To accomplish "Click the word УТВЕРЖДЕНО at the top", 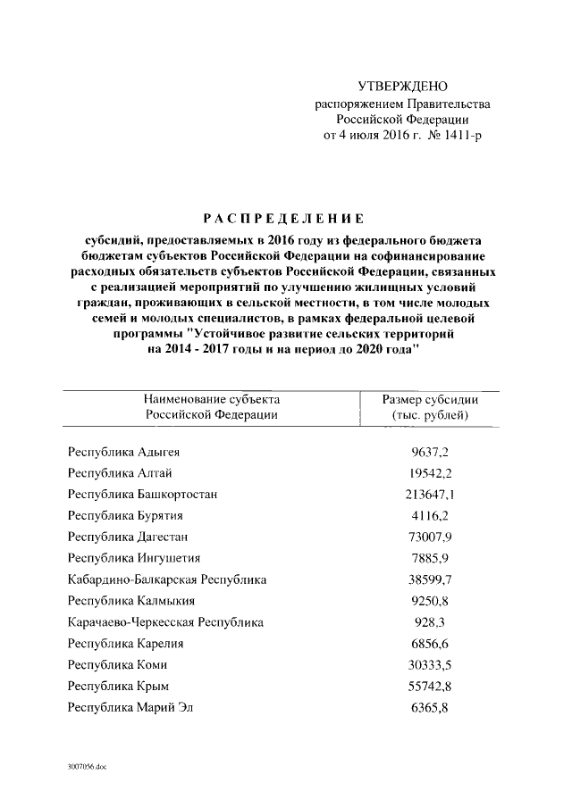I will click(x=401, y=87).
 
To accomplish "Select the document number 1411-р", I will click(x=460, y=136).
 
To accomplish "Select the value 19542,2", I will click(x=430, y=473).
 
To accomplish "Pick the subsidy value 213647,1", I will click(x=430, y=494).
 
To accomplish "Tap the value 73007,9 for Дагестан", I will click(x=430, y=537).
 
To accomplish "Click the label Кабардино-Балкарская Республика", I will click(x=167, y=579).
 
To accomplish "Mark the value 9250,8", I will click(x=430, y=601).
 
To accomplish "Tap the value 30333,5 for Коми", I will click(x=430, y=665).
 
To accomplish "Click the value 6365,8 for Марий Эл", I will click(x=430, y=708).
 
